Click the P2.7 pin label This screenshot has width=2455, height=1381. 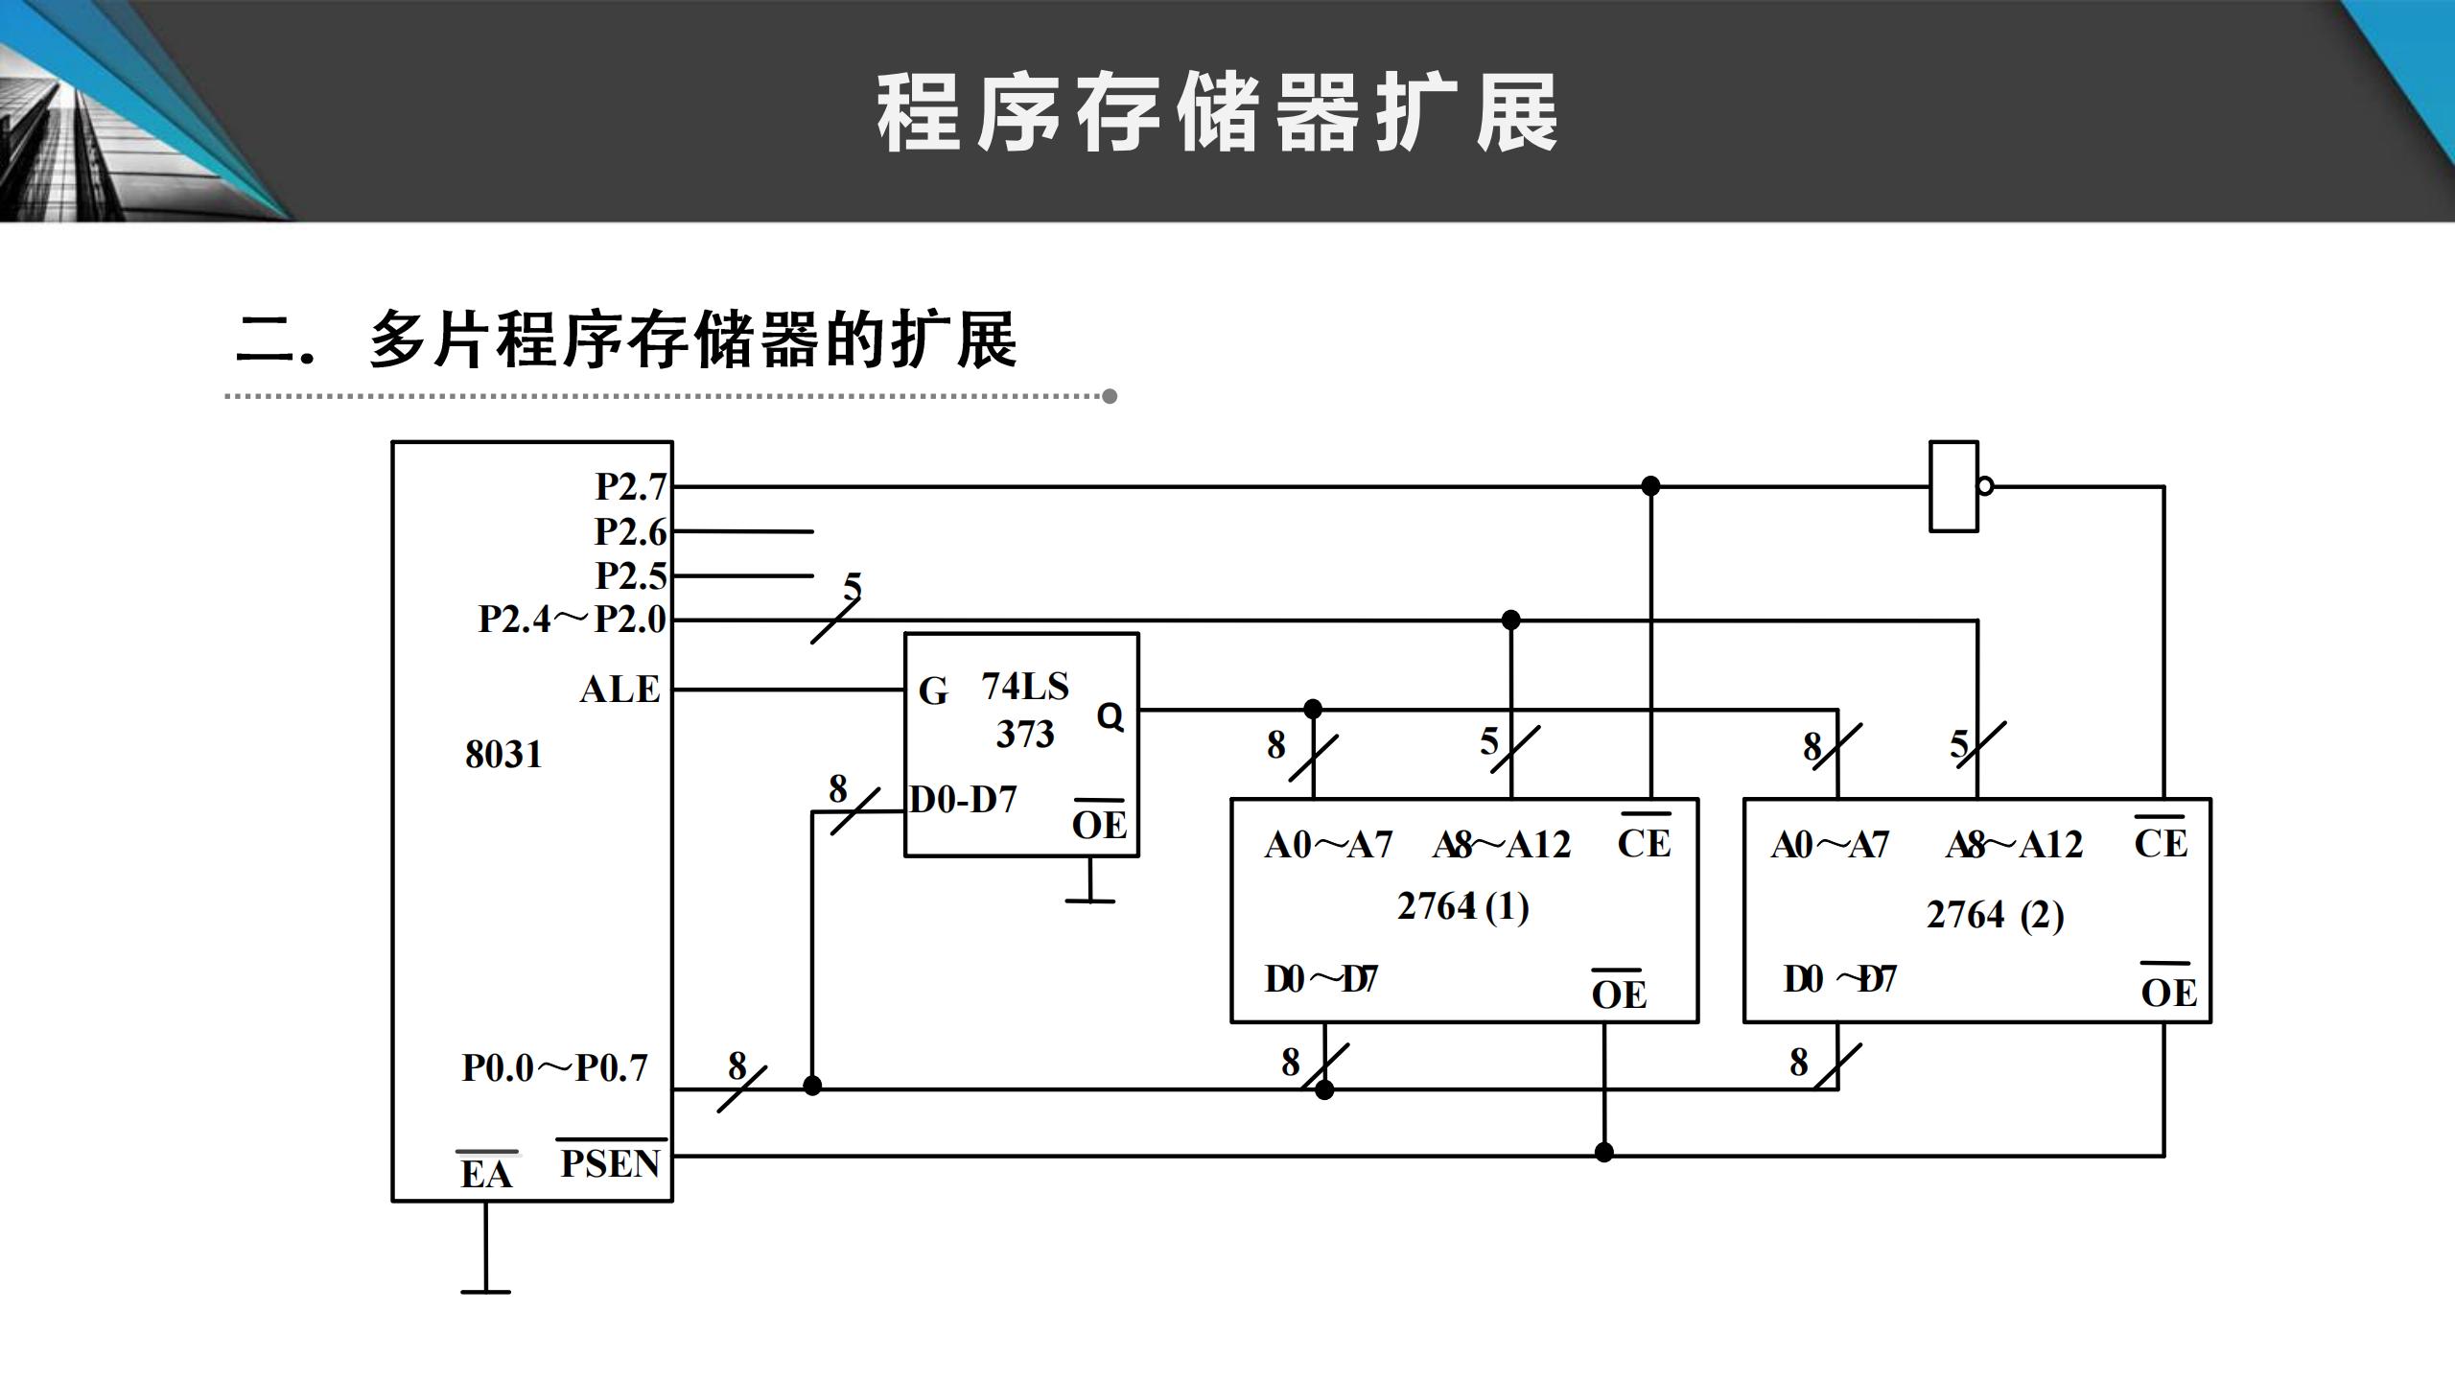point(630,487)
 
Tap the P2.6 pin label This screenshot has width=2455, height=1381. point(630,531)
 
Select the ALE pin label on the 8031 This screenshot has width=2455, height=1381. point(620,690)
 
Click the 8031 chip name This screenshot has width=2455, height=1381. point(503,755)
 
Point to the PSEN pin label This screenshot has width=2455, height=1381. point(610,1163)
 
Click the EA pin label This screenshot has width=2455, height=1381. point(486,1174)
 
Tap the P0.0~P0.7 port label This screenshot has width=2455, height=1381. point(554,1067)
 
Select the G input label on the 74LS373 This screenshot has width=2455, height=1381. point(933,690)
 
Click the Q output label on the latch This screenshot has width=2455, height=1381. point(1110,716)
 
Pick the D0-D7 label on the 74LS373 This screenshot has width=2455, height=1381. point(963,800)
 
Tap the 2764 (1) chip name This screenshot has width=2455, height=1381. point(1462,906)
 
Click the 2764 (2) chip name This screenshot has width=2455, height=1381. point(1995,915)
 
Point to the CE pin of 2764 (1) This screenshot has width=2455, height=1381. point(1644,843)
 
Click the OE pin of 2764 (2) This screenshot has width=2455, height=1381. point(2168,992)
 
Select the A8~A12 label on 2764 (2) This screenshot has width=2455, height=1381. point(2014,845)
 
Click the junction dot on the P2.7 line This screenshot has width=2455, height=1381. point(1650,486)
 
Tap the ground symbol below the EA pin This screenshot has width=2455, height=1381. point(485,1291)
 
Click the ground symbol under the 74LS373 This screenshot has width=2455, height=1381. point(1090,901)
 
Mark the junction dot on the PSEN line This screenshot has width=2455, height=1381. point(1604,1152)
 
